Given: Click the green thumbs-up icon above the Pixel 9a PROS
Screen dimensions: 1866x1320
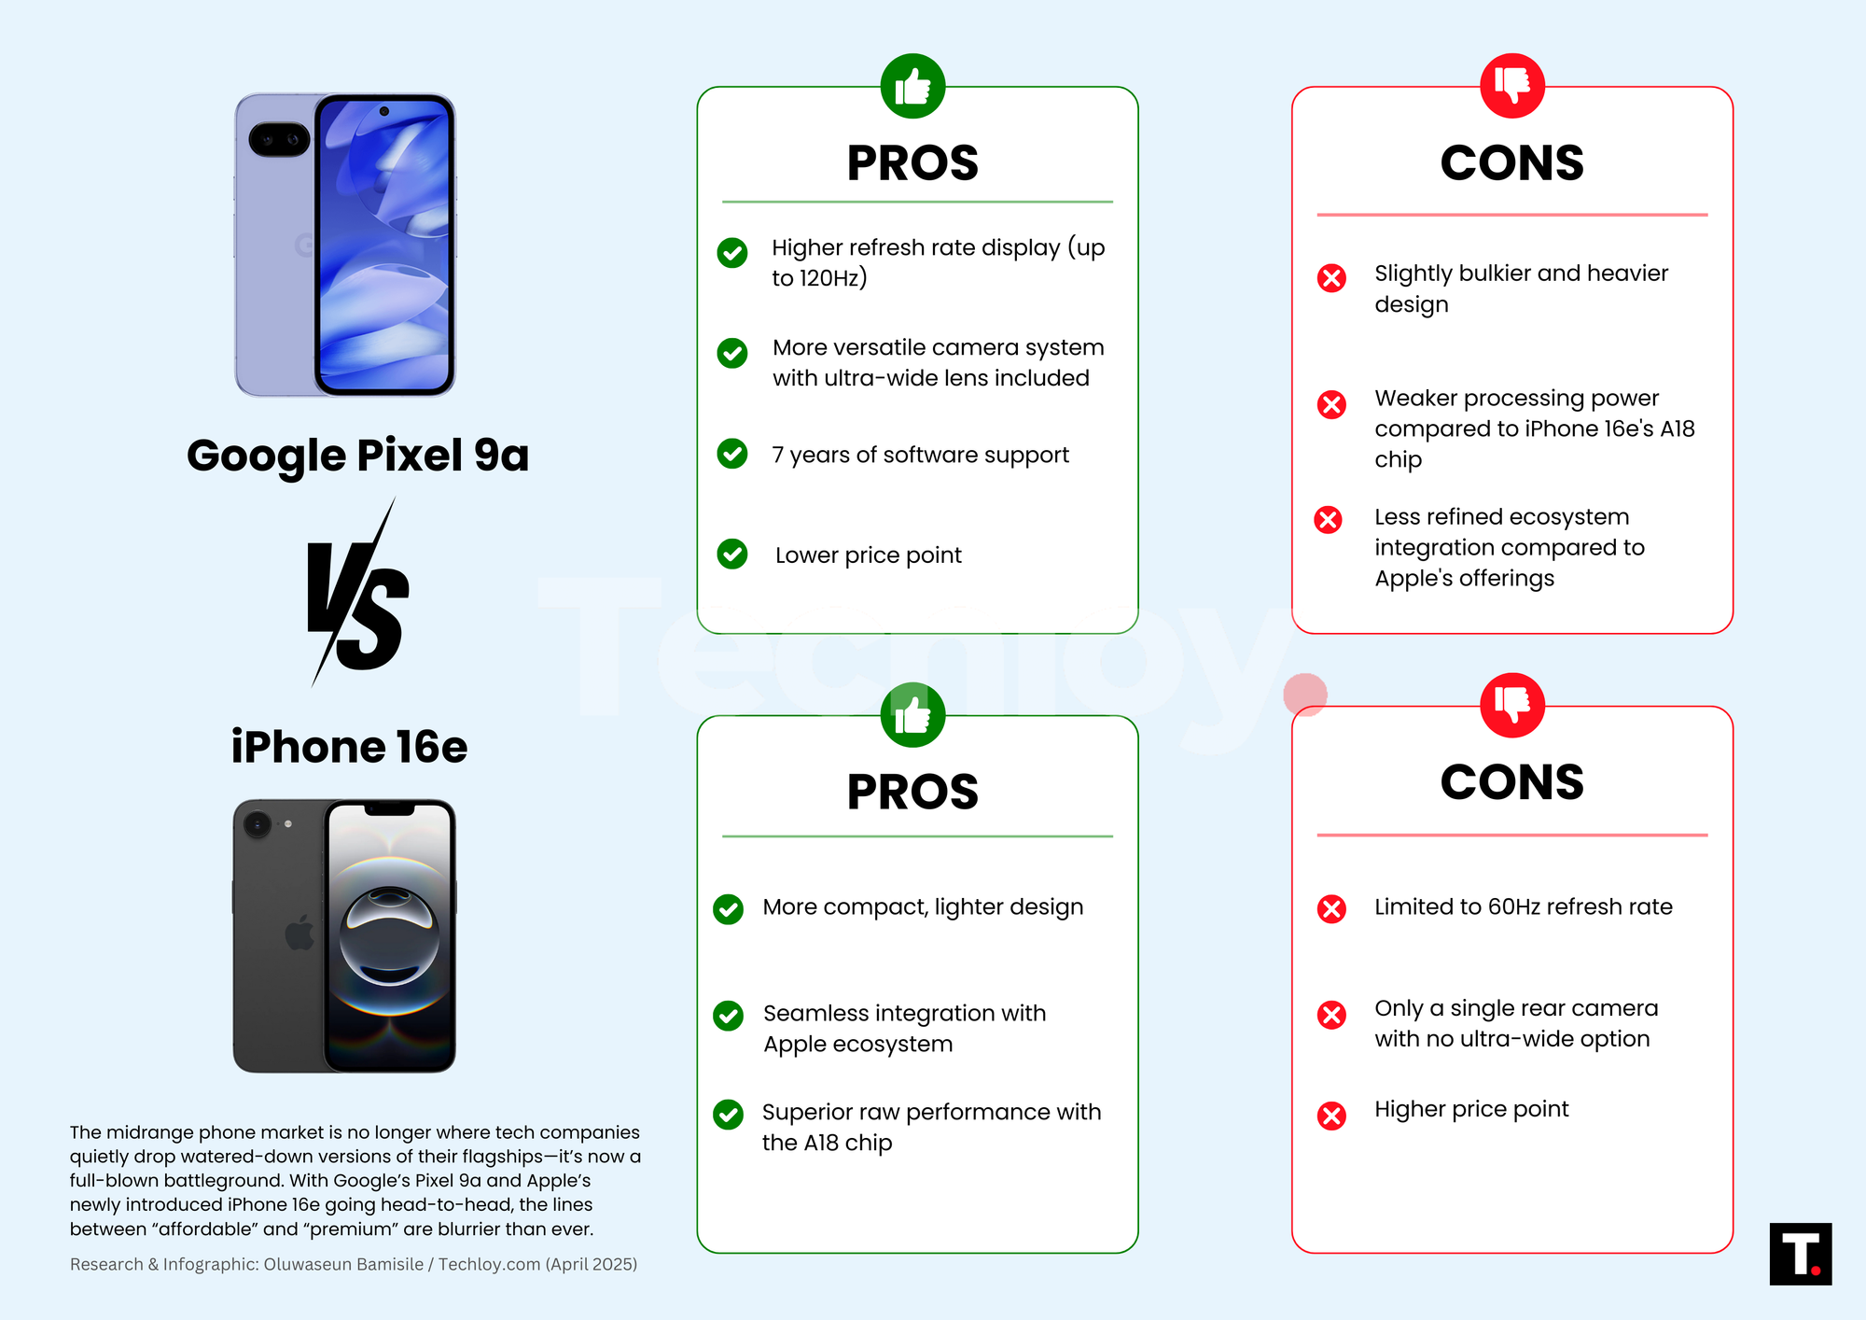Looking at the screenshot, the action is [912, 86].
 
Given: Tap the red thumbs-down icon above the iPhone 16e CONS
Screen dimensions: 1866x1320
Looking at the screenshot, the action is [1512, 705].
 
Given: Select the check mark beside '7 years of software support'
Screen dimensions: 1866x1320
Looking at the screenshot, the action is [732, 454].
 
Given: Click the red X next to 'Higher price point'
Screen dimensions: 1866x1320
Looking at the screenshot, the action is [1331, 1116].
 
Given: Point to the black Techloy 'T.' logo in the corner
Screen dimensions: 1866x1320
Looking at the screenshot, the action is [1801, 1254].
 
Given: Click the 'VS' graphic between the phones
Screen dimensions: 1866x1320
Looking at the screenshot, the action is [357, 593].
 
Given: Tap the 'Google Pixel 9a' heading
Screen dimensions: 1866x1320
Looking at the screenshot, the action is [357, 456].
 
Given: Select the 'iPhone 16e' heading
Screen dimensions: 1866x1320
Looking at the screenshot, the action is [349, 747].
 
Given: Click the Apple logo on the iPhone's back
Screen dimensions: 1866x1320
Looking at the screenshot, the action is [299, 933].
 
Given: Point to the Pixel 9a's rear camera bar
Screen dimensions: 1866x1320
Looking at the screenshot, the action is [279, 140].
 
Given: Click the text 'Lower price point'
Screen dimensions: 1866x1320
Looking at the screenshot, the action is [868, 555].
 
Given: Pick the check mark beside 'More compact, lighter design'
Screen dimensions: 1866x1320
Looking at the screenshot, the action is [728, 908].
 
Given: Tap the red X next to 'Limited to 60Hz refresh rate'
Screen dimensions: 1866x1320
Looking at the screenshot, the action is [1331, 908].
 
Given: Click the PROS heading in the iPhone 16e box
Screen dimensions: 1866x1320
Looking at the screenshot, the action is [912, 792].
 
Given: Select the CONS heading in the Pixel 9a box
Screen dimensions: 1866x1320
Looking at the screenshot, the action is [1511, 162].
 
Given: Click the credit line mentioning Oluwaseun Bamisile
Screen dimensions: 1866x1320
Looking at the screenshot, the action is [354, 1264].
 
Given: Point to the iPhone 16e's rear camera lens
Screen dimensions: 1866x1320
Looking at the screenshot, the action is [257, 824].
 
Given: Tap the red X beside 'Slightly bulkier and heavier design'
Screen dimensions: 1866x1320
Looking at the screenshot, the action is [1331, 277].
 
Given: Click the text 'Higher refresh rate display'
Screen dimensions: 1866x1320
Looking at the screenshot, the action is [916, 247].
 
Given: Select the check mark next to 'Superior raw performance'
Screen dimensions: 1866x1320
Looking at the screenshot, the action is [728, 1114].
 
